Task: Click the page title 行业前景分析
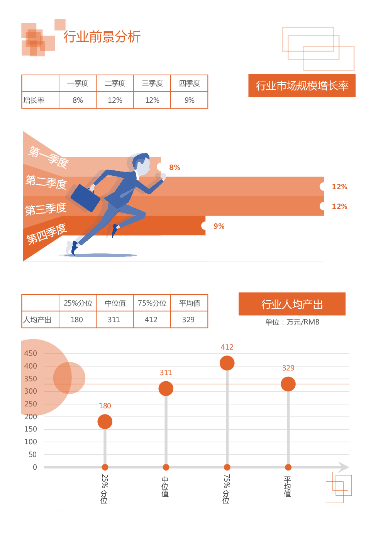pyautogui.click(x=102, y=37)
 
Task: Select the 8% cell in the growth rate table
pyautogui.click(x=78, y=100)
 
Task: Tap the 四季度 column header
pyautogui.click(x=189, y=83)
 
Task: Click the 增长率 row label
pyautogui.click(x=34, y=100)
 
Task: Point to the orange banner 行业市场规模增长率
pyautogui.click(x=302, y=86)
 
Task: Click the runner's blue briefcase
pyautogui.click(x=85, y=198)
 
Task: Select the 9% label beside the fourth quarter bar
pyautogui.click(x=219, y=226)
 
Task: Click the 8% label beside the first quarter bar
pyautogui.click(x=175, y=167)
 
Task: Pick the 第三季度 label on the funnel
pyautogui.click(x=46, y=209)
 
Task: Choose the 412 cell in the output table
pyautogui.click(x=151, y=319)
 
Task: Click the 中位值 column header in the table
pyautogui.click(x=115, y=303)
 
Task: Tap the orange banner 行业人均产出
pyautogui.click(x=292, y=304)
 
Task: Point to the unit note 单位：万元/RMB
pyautogui.click(x=292, y=322)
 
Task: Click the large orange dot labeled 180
pyautogui.click(x=105, y=421)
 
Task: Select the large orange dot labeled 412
pyautogui.click(x=227, y=363)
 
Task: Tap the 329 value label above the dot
pyautogui.click(x=288, y=368)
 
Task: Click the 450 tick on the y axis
pyautogui.click(x=31, y=353)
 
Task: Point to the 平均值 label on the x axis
pyautogui.click(x=287, y=486)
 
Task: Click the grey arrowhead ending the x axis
pyautogui.click(x=344, y=467)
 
